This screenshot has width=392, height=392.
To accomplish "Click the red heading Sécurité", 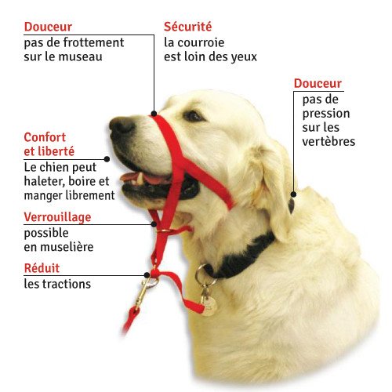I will click(188, 27).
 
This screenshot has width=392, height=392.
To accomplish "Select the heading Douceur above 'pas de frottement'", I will click(49, 27).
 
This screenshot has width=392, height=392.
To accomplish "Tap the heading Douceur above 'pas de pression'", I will click(318, 84).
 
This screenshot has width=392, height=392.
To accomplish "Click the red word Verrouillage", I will click(57, 216).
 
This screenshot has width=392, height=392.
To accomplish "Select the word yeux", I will click(244, 56).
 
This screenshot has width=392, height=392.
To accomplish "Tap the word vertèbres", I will click(328, 142).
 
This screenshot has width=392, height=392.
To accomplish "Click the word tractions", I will click(67, 284).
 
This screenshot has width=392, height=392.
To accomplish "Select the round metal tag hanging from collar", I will click(208, 304).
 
